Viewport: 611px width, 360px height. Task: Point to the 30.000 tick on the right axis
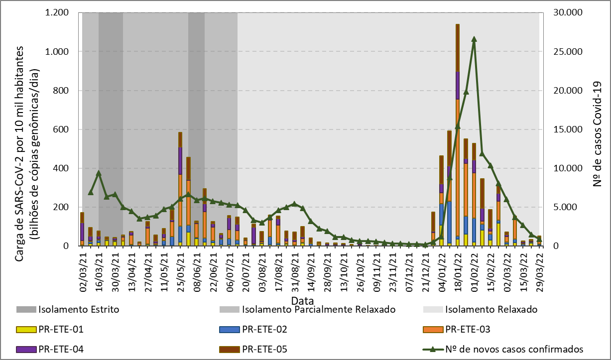pos(560,12)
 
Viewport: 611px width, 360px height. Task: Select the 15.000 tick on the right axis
pos(560,129)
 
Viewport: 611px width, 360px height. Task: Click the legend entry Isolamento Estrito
pos(78,309)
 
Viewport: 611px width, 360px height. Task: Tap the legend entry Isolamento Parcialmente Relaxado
pos(319,309)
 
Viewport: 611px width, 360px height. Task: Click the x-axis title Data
pos(303,301)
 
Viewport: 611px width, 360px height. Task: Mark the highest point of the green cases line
pos(474,39)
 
